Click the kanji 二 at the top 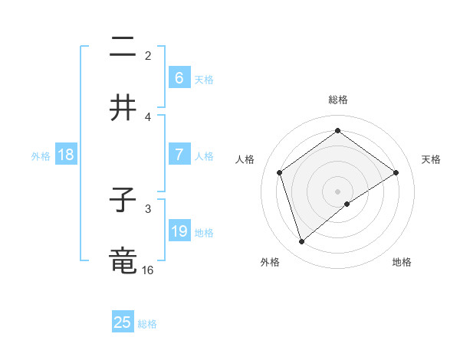tap(123, 48)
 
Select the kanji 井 tap(123, 108)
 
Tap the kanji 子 tap(123, 201)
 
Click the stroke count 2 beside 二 tap(148, 55)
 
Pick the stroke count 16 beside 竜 tap(148, 270)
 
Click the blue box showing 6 tap(179, 78)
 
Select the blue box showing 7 tap(179, 155)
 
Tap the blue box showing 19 tap(179, 231)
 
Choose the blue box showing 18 tap(66, 155)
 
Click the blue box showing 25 tap(123, 322)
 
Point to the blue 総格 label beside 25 tap(147, 324)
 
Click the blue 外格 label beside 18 tap(41, 155)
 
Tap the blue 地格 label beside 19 tap(204, 232)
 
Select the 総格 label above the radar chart tap(338, 100)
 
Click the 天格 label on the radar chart tap(431, 159)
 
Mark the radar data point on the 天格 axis tap(396, 172)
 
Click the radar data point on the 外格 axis tap(301, 242)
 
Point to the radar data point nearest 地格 tap(347, 204)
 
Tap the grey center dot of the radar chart tap(338, 191)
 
